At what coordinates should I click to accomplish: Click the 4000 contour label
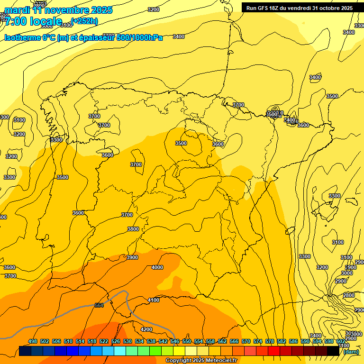click(157, 267)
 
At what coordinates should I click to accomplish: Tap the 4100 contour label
click(154, 300)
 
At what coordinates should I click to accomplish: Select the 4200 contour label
click(146, 329)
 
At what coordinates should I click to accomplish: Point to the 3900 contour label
click(132, 257)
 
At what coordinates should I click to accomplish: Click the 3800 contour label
click(133, 229)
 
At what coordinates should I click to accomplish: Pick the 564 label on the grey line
click(99, 305)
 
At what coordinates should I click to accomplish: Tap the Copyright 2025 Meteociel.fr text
click(201, 361)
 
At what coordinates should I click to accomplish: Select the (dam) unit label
click(351, 351)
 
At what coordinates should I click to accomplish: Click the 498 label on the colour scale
click(33, 341)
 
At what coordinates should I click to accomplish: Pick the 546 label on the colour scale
click(175, 341)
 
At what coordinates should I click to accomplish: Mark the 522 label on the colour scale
click(104, 341)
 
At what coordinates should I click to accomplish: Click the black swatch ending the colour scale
click(333, 351)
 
